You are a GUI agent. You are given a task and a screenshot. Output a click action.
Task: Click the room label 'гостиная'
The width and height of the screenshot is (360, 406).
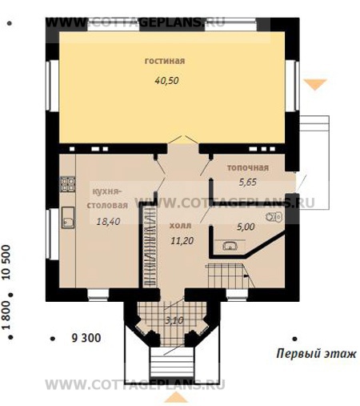tap(165, 61)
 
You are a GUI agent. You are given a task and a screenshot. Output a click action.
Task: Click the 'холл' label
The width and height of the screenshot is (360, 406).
tap(180, 227)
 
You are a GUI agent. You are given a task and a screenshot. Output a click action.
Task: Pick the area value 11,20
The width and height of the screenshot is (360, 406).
tap(180, 239)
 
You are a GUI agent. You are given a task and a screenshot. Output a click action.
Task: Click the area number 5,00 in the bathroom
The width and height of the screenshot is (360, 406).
tap(246, 227)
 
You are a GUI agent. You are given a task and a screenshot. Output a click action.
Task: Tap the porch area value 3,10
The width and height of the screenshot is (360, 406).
tap(172, 320)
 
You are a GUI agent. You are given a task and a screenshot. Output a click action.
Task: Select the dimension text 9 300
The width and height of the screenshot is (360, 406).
tap(86, 339)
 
